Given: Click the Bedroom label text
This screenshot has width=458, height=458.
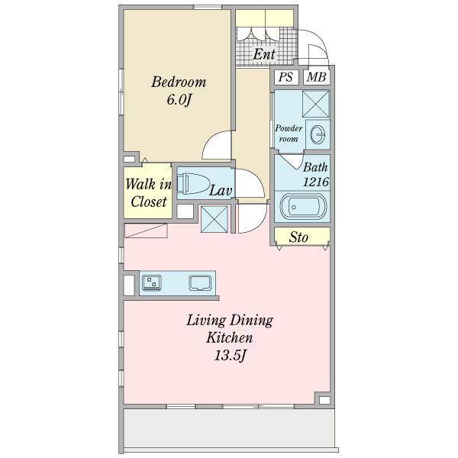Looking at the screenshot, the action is coord(179,82).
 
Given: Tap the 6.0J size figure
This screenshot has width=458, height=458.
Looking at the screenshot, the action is coord(179,100).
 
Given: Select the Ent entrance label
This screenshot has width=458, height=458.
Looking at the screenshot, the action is coord(264,54).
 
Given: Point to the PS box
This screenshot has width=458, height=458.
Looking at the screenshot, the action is coord(285,77).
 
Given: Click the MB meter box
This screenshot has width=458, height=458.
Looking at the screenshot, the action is coord(316,77).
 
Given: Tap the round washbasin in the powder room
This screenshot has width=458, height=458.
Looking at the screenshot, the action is coord(318,134).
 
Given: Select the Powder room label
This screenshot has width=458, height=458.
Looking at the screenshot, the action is coord(289,134).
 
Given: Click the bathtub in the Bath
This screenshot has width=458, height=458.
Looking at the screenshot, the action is coord(303,207).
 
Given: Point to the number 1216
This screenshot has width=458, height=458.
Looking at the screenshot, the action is coord(316,182).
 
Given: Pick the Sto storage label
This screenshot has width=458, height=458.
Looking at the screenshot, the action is coord(298,237).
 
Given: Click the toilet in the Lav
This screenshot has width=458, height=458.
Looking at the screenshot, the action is coord(194,184).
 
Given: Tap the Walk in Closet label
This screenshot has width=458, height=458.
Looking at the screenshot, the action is coord(148,193).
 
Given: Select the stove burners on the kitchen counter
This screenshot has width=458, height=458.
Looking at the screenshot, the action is coord(152,282).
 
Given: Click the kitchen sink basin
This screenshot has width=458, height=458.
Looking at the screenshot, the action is coord(200,283).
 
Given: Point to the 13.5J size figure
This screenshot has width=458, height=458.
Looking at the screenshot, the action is coord(231,356).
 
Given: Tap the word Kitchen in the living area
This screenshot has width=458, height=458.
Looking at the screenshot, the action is coord(230,338).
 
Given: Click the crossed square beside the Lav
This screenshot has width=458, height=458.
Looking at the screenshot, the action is coord(214,219).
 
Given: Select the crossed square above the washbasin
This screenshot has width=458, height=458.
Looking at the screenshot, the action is coord(316,105).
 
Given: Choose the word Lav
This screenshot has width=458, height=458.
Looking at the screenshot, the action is coord(221,191).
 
